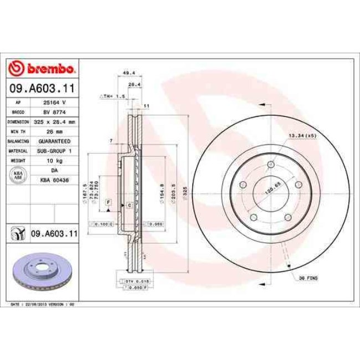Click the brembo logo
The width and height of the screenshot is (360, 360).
pos(42,69)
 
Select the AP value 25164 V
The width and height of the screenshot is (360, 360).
pos(55,102)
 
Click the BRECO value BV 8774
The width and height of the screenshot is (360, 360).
pos(55,112)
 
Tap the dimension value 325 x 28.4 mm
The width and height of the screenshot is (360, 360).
pos(56,121)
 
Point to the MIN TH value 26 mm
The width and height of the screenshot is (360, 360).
pos(55,131)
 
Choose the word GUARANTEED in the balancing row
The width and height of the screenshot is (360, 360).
pos(55,141)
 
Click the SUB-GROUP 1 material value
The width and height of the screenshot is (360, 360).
pos(55,151)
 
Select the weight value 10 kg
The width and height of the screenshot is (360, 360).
pos(55,161)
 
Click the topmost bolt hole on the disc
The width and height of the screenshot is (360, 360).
pos(270,164)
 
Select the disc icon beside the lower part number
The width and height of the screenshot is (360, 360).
pos(18,234)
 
